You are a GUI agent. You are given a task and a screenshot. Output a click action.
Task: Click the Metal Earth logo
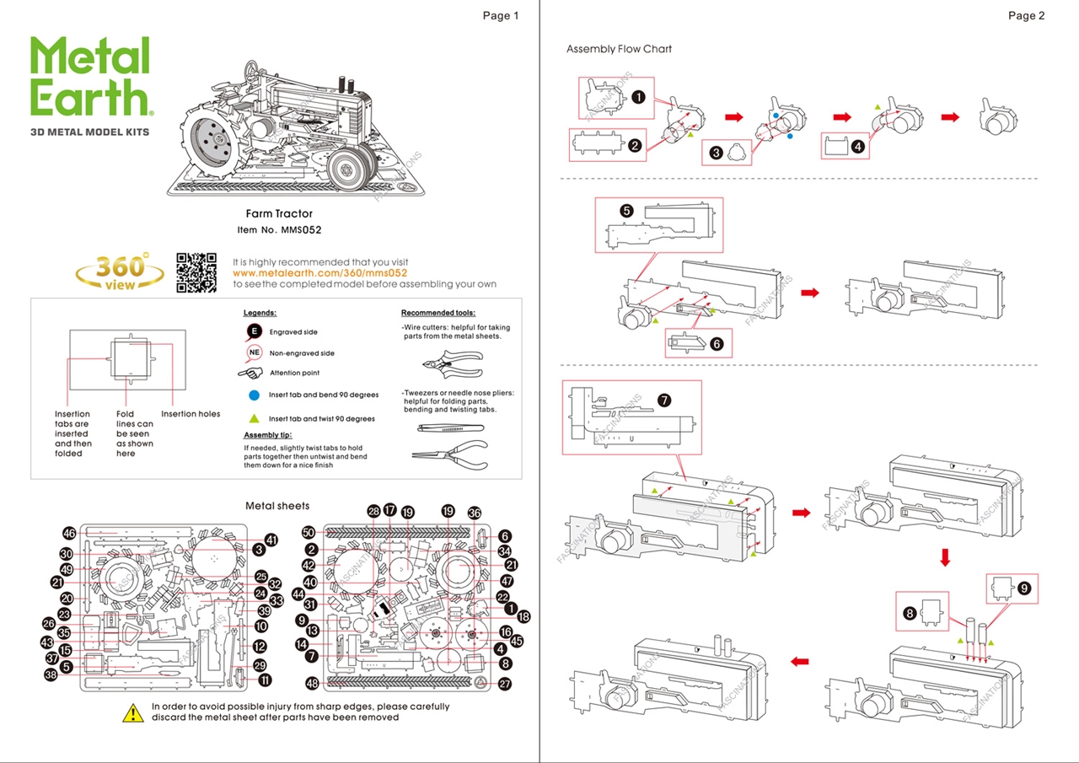pyautogui.click(x=90, y=78)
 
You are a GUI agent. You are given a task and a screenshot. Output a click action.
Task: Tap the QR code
pyautogui.click(x=196, y=272)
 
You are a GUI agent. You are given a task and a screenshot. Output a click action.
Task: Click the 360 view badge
pyautogui.click(x=120, y=271)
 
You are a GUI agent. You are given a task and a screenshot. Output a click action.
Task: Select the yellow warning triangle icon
pyautogui.click(x=133, y=712)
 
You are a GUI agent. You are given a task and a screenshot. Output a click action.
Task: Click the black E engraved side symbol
pyautogui.click(x=254, y=331)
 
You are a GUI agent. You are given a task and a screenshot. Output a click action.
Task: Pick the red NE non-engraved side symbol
pyautogui.click(x=254, y=352)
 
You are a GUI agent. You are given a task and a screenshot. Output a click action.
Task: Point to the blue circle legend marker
pyautogui.click(x=254, y=395)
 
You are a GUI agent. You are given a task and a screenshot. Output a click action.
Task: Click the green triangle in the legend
pyautogui.click(x=254, y=418)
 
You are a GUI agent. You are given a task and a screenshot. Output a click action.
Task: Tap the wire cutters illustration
pyautogui.click(x=450, y=363)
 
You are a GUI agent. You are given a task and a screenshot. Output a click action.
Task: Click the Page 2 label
pyautogui.click(x=1026, y=15)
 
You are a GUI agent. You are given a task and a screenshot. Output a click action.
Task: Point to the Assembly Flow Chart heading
pyautogui.click(x=619, y=49)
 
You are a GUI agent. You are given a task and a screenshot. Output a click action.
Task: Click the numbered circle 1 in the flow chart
pyautogui.click(x=638, y=97)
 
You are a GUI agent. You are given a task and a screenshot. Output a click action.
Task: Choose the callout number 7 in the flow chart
pyautogui.click(x=664, y=400)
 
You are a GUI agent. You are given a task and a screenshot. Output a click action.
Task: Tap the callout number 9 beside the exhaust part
pyautogui.click(x=1023, y=588)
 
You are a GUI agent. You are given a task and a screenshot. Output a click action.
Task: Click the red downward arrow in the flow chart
pyautogui.click(x=945, y=557)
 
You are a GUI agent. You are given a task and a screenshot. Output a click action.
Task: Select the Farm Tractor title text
pyautogui.click(x=279, y=214)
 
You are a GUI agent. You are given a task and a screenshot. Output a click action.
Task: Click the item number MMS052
pyautogui.click(x=301, y=229)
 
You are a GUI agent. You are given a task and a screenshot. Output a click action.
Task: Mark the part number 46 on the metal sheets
pyautogui.click(x=69, y=534)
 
